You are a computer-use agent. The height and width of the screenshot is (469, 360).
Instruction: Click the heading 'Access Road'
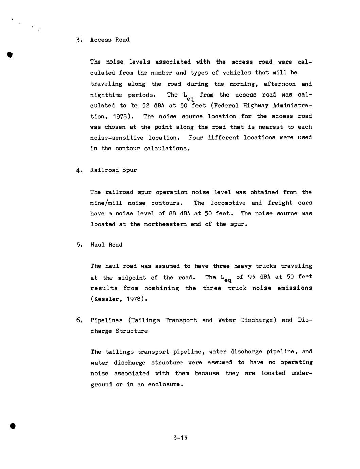pyautogui.click(x=110, y=40)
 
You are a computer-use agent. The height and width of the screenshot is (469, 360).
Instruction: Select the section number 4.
pyautogui.click(x=78, y=170)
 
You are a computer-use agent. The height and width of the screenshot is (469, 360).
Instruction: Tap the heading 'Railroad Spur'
pyautogui.click(x=113, y=170)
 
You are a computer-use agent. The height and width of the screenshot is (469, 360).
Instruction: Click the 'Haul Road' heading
pyautogui.click(x=106, y=245)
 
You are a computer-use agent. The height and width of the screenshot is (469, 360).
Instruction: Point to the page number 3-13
pyautogui.click(x=180, y=438)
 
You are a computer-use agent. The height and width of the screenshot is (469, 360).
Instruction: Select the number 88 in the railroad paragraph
pyautogui.click(x=172, y=214)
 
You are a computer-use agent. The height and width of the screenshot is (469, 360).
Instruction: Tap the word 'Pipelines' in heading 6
pyautogui.click(x=106, y=320)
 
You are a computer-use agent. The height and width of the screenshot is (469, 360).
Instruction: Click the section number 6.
pyautogui.click(x=78, y=320)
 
